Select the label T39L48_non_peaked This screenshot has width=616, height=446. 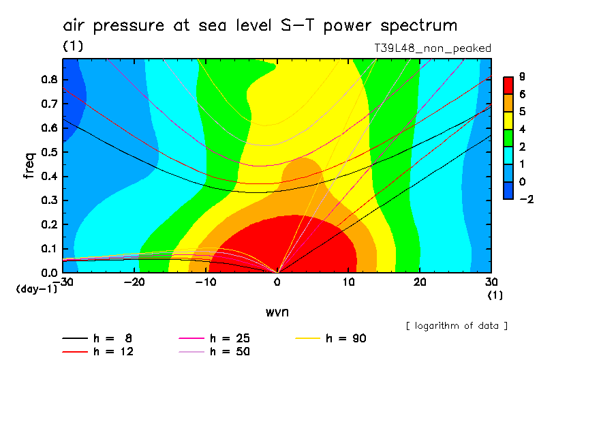click(433, 48)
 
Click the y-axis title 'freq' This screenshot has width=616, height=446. click(29, 166)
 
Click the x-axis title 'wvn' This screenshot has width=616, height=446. click(277, 312)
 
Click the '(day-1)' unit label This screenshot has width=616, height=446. click(36, 289)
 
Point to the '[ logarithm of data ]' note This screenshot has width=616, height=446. click(457, 326)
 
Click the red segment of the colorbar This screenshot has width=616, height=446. click(508, 85)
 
